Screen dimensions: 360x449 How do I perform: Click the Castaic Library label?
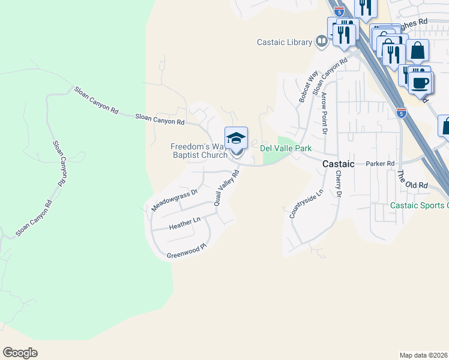click(x=285, y=42)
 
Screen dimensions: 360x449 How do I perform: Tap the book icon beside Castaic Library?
click(x=322, y=41)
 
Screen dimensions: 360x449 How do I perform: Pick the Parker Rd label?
click(x=380, y=163)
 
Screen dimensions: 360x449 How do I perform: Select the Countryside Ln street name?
click(x=298, y=204)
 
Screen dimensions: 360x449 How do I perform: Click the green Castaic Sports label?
click(x=419, y=205)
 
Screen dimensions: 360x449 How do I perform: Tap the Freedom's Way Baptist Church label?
click(x=199, y=151)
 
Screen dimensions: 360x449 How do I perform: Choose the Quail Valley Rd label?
click(x=227, y=187)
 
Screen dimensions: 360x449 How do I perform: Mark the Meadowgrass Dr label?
click(x=175, y=200)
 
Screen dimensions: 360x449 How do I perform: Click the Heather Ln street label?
click(x=184, y=224)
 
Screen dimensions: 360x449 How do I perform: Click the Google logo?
click(x=20, y=353)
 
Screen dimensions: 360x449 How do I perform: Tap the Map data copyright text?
click(x=424, y=355)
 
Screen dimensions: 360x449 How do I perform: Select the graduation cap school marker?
click(x=236, y=138)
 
